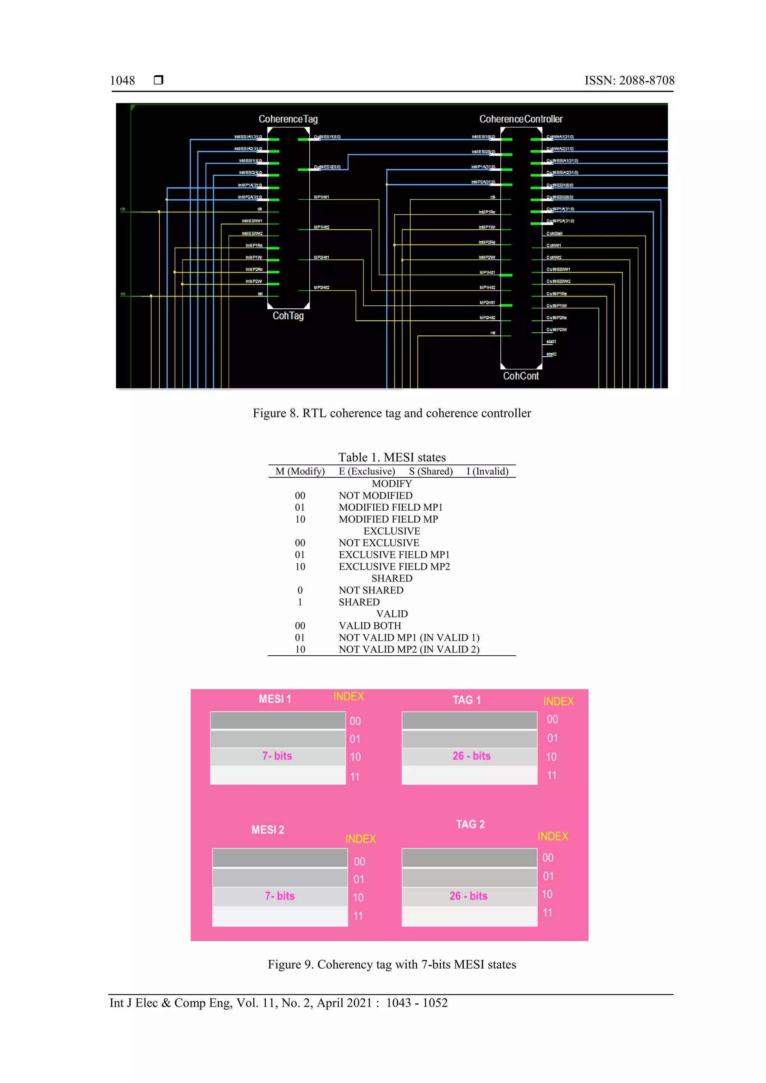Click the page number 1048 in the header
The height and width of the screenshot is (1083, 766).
click(122, 81)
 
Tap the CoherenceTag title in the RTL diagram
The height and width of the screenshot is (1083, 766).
click(288, 119)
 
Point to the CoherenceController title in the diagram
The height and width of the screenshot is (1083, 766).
click(521, 119)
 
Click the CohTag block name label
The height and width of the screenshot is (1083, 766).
click(288, 316)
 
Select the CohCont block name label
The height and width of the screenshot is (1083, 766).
click(521, 376)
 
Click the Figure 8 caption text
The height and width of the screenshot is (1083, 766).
click(392, 413)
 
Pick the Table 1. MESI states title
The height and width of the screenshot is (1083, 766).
click(392, 457)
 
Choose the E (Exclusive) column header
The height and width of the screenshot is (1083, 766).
click(367, 471)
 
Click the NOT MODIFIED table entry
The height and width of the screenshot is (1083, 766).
click(375, 495)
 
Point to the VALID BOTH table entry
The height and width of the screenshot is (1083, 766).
click(370, 625)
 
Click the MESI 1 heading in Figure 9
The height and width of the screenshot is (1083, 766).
click(275, 699)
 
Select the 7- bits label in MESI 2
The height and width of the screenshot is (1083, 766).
click(279, 896)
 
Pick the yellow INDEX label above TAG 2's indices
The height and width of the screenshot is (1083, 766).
click(553, 836)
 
